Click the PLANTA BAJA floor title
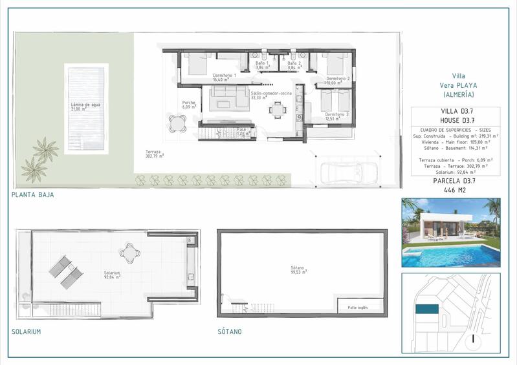[x=32, y=194]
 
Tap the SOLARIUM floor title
[x=27, y=331]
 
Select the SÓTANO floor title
[x=230, y=331]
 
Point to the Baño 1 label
[x=262, y=65]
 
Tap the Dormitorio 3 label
[x=338, y=116]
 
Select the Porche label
[x=189, y=104]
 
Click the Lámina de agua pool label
[x=85, y=107]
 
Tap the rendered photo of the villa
[x=450, y=233]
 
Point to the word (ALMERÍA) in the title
[x=459, y=94]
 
